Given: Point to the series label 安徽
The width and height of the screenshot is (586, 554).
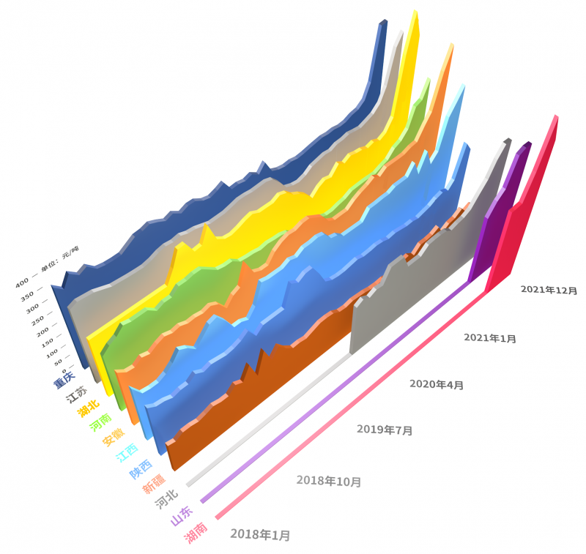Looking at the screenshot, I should [113, 437].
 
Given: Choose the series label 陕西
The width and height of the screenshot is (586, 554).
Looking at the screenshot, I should [140, 467].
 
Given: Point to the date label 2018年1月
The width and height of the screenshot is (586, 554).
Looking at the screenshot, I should [260, 535].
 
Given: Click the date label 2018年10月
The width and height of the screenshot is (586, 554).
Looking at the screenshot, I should [329, 481].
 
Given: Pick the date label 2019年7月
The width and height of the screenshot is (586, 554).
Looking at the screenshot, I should [385, 430].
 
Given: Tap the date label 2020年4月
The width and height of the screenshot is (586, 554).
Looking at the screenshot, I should [437, 383].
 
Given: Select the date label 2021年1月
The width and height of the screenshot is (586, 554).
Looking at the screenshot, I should [490, 337].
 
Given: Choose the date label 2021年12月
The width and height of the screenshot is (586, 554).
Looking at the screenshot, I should [549, 290].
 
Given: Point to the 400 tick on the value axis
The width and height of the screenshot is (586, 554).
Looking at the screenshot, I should [22, 282].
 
